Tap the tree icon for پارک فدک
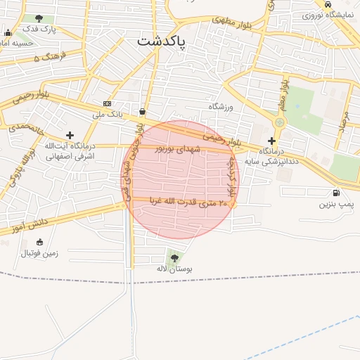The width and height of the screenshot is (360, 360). point(38,18)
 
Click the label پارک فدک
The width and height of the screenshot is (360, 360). point(39,30)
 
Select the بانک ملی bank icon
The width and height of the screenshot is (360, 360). point(107,103)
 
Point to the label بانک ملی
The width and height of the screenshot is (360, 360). point(108,113)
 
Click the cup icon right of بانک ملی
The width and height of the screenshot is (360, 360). point(143,111)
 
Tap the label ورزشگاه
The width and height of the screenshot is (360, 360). point(220,106)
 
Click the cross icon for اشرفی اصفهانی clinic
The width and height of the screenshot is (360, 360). point(69,134)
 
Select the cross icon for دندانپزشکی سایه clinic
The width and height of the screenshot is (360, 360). point(271,141)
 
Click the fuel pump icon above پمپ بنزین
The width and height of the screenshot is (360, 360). point(335,193)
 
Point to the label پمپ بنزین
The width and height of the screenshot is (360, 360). point(335,204)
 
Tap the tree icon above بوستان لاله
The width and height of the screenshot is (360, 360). point(174,258)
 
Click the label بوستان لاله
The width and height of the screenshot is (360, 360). point(174,269)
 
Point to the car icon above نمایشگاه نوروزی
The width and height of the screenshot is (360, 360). point(328,4)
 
